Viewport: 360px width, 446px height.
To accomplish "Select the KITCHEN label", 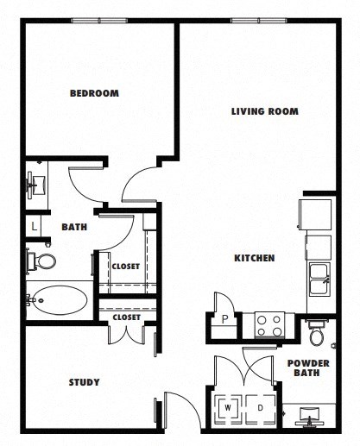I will [254, 258].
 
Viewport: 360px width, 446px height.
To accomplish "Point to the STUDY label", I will [84, 382].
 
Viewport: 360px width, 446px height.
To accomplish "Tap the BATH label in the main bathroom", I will [73, 228].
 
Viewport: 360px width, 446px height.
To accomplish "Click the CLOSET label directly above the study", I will [126, 317].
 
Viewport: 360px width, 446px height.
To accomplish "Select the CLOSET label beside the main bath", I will [126, 266].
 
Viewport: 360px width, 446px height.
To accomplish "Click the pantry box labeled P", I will [224, 317].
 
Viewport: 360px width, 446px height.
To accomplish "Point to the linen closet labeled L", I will [33, 226].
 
